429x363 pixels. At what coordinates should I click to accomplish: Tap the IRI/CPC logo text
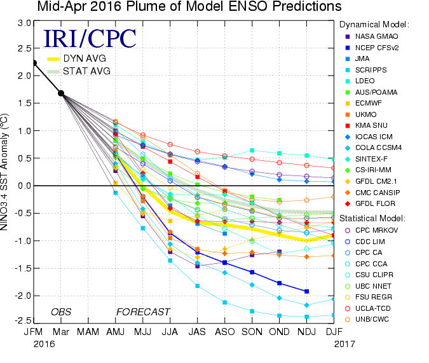(x=90, y=38)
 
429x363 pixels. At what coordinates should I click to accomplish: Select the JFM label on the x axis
(x=34, y=332)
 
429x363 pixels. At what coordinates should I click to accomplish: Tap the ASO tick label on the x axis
(x=225, y=332)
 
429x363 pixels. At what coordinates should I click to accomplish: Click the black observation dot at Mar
(x=61, y=93)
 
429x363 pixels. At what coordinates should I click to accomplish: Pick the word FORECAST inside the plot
(x=142, y=312)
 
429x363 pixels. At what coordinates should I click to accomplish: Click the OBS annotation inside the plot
(x=62, y=312)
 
